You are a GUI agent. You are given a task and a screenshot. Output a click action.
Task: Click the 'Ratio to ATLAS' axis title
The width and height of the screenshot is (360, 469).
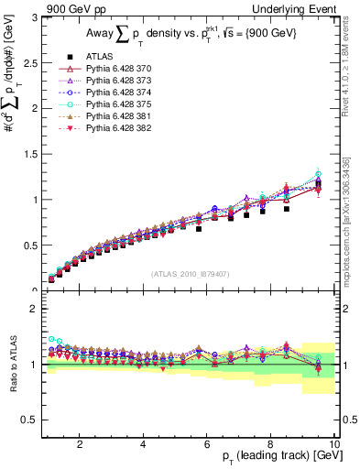pyautogui.click(x=12, y=363)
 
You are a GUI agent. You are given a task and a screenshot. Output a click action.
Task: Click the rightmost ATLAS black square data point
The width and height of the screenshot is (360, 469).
pyautogui.click(x=319, y=184)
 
